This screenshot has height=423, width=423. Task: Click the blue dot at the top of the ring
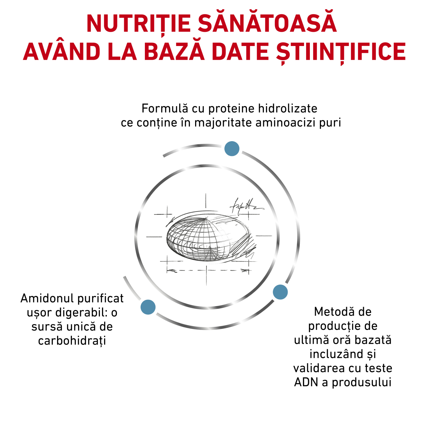[x=232, y=149]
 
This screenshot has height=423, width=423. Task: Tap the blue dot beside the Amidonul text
[x=148, y=307]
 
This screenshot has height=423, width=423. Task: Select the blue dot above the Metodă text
[x=280, y=292]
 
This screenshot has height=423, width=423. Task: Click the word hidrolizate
[x=288, y=108]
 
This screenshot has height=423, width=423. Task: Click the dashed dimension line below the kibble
[x=208, y=270]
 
